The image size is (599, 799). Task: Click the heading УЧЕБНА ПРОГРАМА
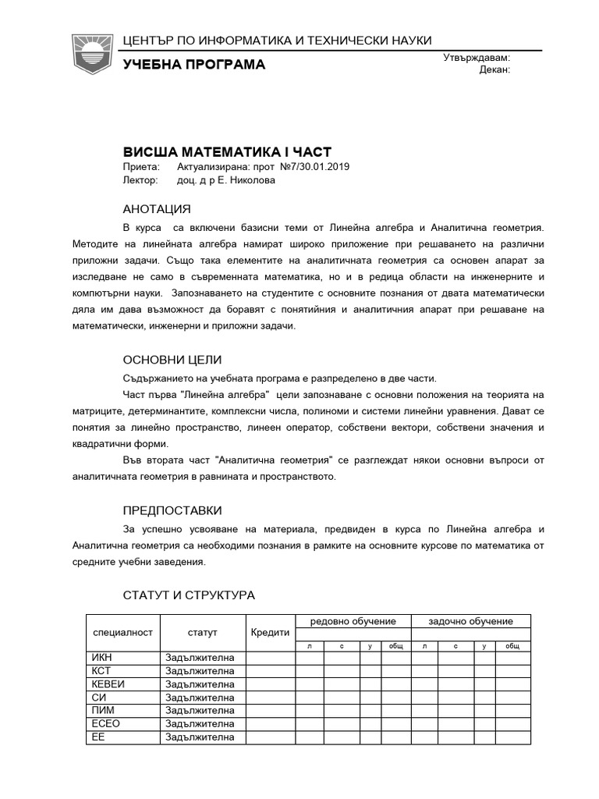[194, 64]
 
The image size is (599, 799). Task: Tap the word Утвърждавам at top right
[477, 58]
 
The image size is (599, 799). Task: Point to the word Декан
[494, 69]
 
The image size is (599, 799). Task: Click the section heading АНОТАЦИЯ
[157, 209]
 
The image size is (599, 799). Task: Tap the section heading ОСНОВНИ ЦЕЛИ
[172, 360]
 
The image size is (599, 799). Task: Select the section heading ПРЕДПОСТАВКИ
[172, 510]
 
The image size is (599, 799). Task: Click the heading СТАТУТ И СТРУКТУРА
[189, 595]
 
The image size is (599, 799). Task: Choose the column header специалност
[122, 632]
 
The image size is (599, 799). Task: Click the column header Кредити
[270, 632]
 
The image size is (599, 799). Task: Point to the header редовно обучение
[353, 621]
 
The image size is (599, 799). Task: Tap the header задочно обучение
[471, 621]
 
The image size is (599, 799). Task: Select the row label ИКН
[103, 657]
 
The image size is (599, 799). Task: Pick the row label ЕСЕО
[106, 723]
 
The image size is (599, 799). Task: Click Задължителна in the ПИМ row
[200, 710]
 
